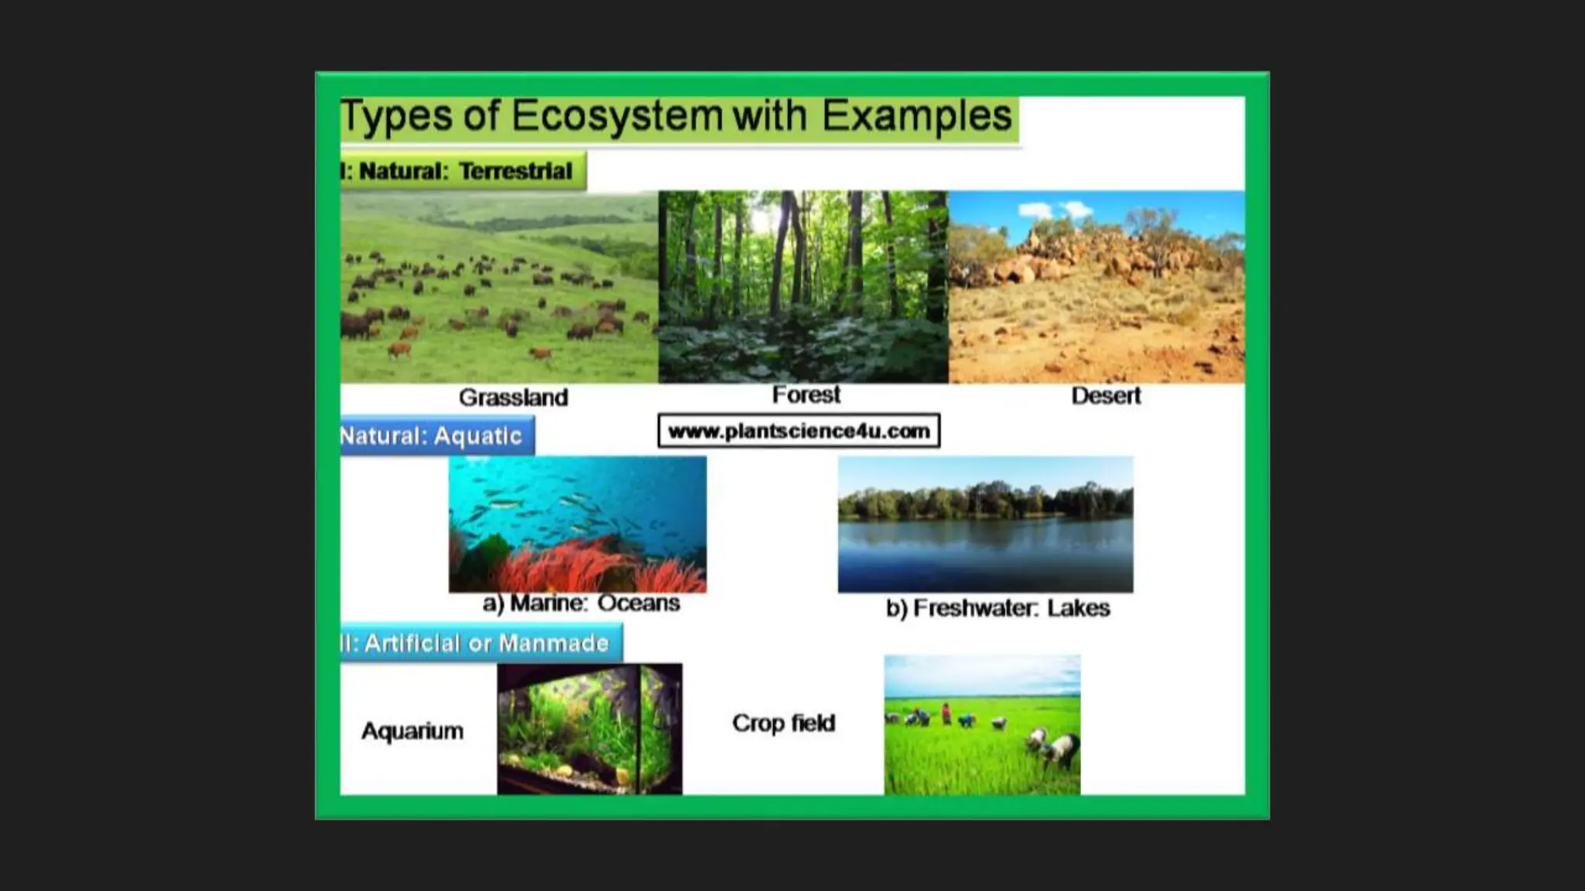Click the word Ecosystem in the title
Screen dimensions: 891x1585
pyautogui.click(x=617, y=117)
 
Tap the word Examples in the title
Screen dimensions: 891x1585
pyautogui.click(x=916, y=117)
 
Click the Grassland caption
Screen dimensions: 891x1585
pyautogui.click(x=513, y=398)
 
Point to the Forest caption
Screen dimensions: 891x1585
pyautogui.click(x=806, y=395)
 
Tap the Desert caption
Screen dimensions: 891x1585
pyautogui.click(x=1105, y=396)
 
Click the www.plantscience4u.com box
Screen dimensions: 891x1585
pyautogui.click(x=799, y=431)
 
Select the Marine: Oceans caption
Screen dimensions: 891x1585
pyautogui.click(x=580, y=603)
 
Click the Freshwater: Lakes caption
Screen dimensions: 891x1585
pyautogui.click(x=998, y=609)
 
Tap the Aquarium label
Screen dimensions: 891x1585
pyautogui.click(x=413, y=731)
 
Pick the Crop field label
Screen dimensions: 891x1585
pyautogui.click(x=783, y=723)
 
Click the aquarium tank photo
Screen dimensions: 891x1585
pyautogui.click(x=589, y=729)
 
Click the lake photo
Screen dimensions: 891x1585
pyautogui.click(x=985, y=524)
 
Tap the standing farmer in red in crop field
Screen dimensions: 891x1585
pyautogui.click(x=946, y=713)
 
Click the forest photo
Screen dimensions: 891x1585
pyautogui.click(x=803, y=286)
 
